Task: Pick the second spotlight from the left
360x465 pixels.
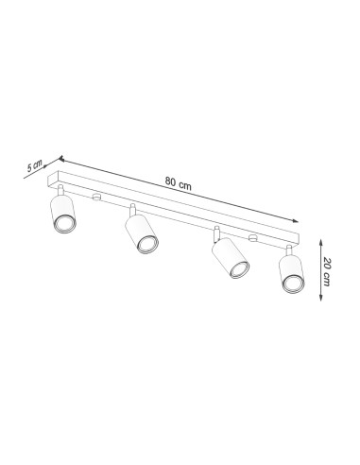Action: click(x=142, y=236)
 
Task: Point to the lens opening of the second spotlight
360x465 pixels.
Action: click(x=146, y=247)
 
